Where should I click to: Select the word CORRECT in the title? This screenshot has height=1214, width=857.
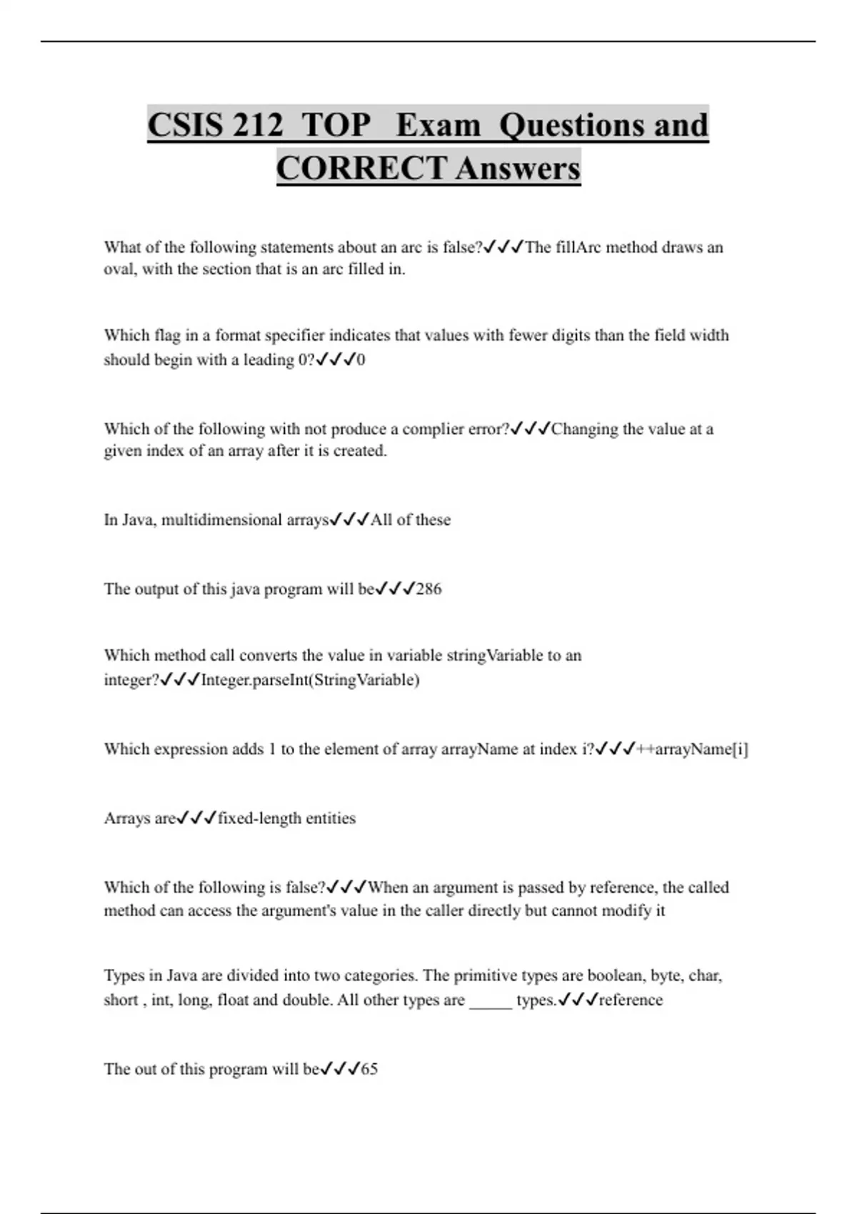(x=361, y=169)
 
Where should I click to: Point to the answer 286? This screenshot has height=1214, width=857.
(x=428, y=589)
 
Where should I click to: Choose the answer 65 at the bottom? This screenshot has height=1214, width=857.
(x=369, y=1069)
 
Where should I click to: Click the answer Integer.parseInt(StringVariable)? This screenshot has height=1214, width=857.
(x=310, y=679)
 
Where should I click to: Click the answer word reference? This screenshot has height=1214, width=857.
(x=631, y=1000)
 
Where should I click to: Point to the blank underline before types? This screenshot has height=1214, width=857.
(x=491, y=1002)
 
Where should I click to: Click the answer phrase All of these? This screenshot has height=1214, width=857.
(x=411, y=520)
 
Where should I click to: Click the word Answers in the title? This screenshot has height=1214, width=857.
(x=518, y=169)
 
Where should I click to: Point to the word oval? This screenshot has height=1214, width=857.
(x=119, y=269)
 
